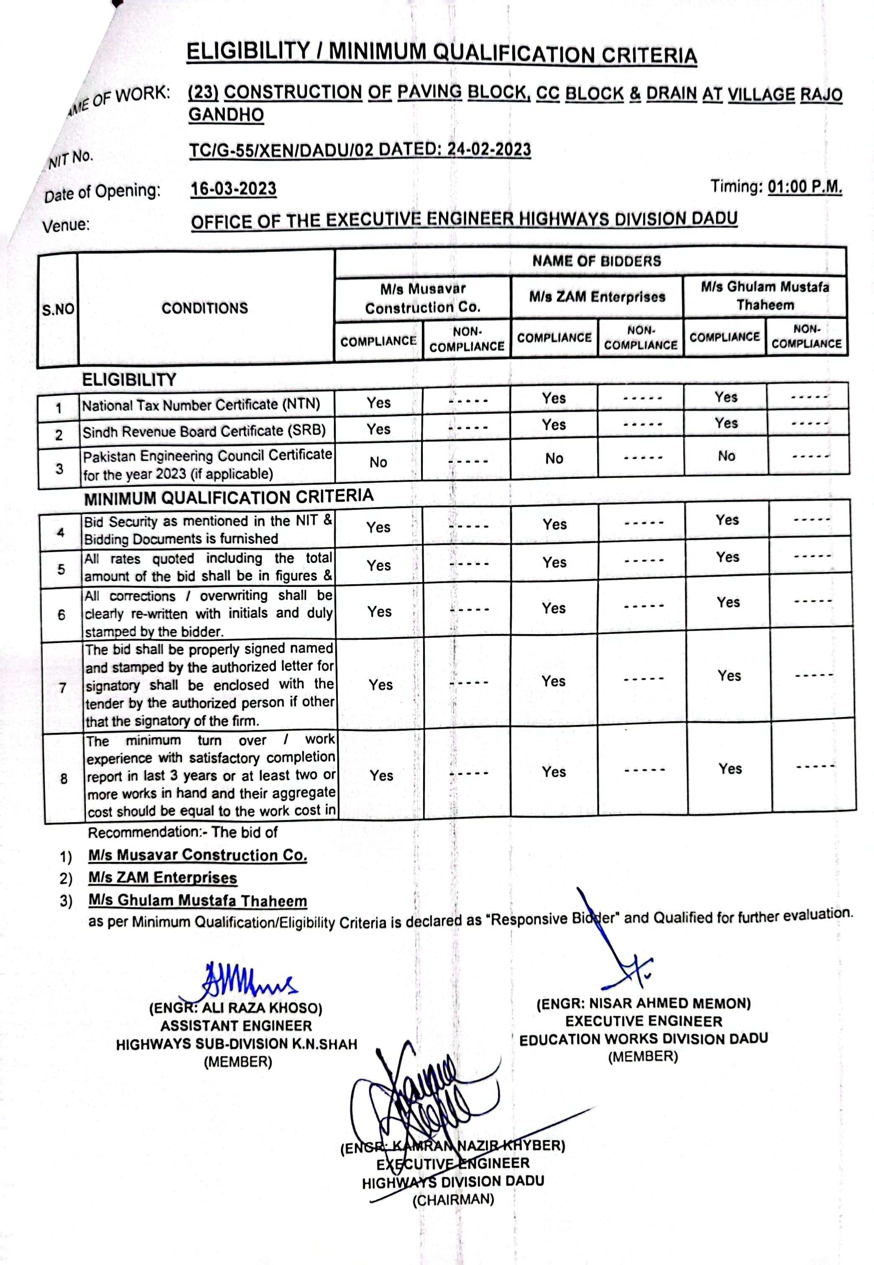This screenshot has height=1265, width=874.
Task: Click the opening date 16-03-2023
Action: [x=233, y=189]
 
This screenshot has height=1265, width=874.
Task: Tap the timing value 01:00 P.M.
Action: [x=805, y=187]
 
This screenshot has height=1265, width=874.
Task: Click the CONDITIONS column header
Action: [x=205, y=308]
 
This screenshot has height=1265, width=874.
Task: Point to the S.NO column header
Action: [x=58, y=310]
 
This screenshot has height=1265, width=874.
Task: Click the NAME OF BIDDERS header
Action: [x=596, y=261]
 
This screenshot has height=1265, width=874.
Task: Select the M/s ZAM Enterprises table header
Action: [x=597, y=297]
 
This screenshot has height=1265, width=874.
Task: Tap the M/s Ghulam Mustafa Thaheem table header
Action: [x=765, y=296]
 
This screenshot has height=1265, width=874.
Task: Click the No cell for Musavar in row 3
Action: [x=378, y=462]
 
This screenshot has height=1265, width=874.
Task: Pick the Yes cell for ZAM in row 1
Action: [x=554, y=398]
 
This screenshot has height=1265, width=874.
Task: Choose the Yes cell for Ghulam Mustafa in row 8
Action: [x=730, y=769]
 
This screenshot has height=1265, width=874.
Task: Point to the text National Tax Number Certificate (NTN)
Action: [x=201, y=405]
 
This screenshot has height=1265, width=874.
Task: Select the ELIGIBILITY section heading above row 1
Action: [x=129, y=379]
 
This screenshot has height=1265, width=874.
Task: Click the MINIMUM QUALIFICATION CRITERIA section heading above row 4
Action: [x=229, y=497]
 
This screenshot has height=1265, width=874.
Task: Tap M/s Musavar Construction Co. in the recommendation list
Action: [x=198, y=855]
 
